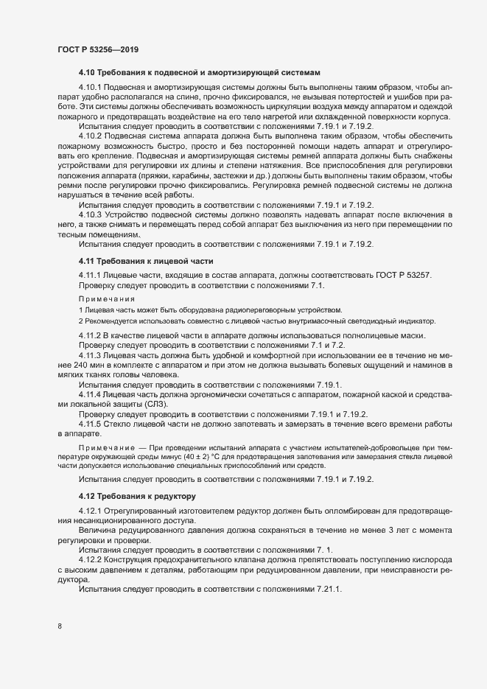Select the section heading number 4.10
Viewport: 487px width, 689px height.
pos(87,72)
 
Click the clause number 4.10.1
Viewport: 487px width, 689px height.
pos(91,88)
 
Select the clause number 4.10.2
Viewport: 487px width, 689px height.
pos(91,136)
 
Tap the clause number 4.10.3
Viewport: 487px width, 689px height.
pos(91,214)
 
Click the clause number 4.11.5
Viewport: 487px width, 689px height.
pos(91,424)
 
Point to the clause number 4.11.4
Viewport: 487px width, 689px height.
pos(91,395)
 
